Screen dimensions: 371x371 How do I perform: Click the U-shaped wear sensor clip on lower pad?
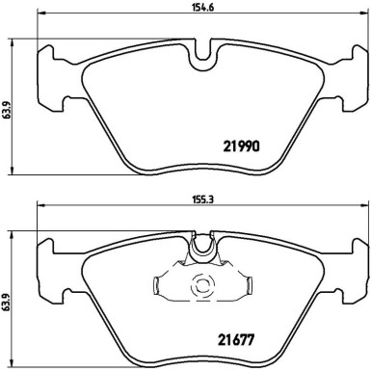pos(202,250)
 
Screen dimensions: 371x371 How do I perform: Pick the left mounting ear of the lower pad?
pos(48,265)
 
